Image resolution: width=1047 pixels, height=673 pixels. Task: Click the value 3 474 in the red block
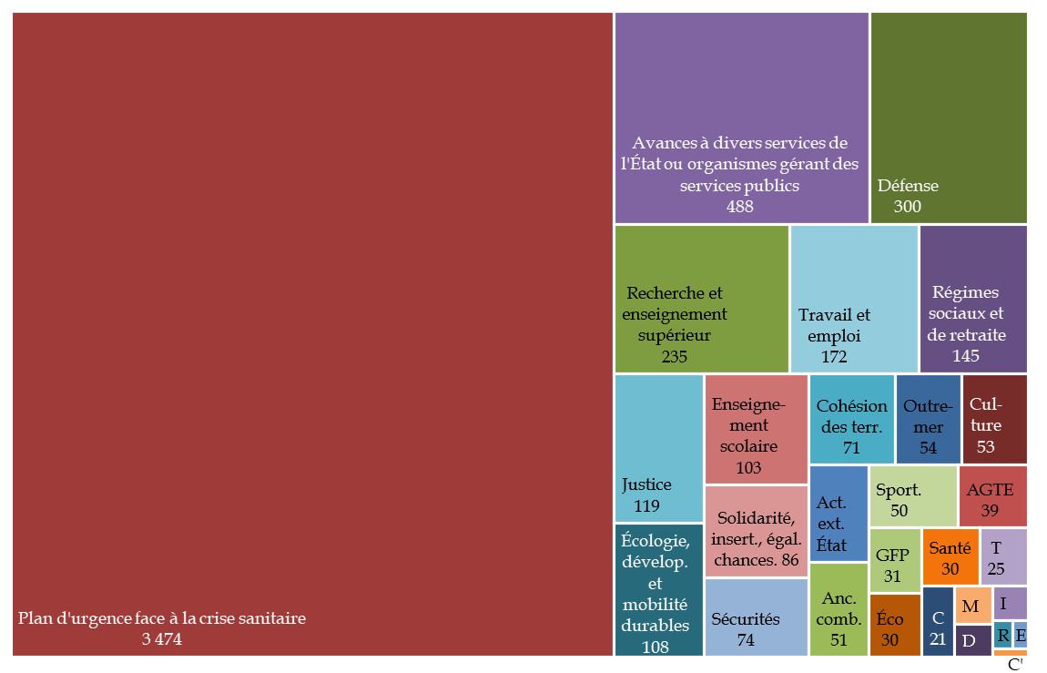click(x=162, y=639)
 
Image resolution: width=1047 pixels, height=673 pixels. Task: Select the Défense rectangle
click(x=949, y=117)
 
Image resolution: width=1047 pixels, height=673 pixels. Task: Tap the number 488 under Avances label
click(x=739, y=207)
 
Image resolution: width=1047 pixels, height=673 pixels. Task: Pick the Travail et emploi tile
click(x=853, y=299)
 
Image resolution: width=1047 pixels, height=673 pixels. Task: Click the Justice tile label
click(x=646, y=484)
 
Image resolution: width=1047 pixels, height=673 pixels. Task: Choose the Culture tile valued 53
click(x=994, y=419)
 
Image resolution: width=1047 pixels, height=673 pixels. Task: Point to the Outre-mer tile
click(x=928, y=419)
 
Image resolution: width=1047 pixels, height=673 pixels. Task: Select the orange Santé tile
click(x=950, y=556)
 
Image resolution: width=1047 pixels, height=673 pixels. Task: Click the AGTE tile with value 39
click(x=992, y=495)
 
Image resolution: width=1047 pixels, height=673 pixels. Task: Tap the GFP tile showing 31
click(x=895, y=560)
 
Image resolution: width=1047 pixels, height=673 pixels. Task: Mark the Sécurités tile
click(x=756, y=617)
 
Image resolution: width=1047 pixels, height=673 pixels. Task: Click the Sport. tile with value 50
click(x=912, y=495)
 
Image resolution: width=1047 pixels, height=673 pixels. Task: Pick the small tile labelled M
click(x=972, y=606)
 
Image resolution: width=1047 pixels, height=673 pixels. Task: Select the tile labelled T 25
click(x=1004, y=556)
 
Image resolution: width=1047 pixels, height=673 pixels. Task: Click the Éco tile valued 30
click(x=895, y=625)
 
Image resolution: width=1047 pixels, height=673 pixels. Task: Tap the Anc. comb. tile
click(x=838, y=610)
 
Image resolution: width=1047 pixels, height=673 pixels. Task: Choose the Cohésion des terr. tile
click(x=851, y=419)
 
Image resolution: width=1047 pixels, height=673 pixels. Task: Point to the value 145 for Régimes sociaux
click(x=966, y=356)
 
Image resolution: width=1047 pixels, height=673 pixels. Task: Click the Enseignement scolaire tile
click(x=756, y=428)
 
